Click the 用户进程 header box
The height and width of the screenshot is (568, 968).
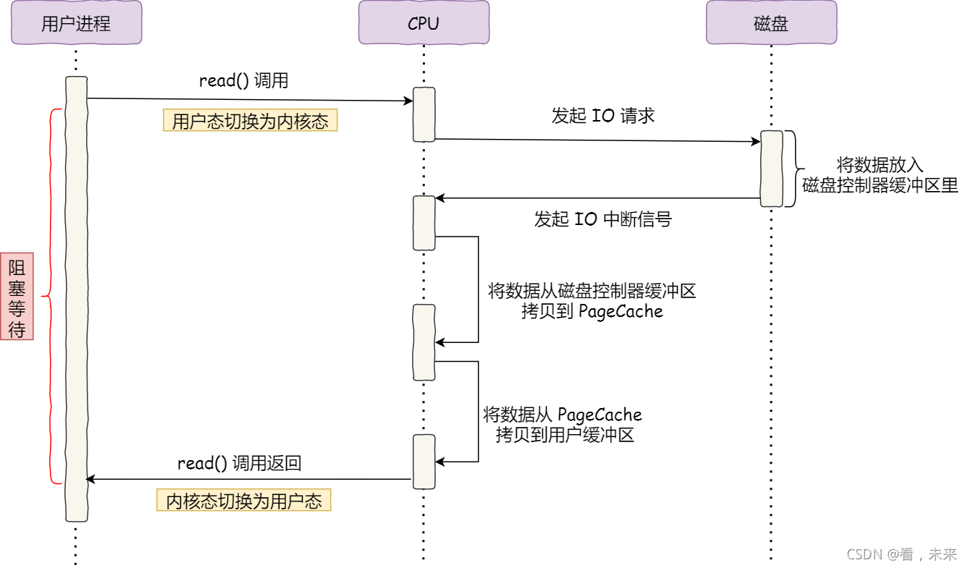pos(76,23)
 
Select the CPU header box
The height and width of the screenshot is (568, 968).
pos(424,23)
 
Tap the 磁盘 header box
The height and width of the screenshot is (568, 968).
pos(771,23)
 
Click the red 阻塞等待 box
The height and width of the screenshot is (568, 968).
pos(17,296)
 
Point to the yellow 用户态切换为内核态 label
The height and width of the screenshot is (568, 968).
pos(250,120)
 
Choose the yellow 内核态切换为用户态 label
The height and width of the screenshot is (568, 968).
pos(243,501)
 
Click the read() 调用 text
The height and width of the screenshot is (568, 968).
pos(243,80)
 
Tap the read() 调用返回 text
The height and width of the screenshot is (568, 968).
pos(239,463)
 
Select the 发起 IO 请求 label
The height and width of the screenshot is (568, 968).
pos(602,116)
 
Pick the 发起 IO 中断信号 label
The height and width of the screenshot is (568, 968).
pos(602,219)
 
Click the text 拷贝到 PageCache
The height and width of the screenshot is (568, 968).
pos(592,311)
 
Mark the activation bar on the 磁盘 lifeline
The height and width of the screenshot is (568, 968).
pos(771,169)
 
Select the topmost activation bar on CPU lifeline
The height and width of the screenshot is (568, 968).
pos(424,114)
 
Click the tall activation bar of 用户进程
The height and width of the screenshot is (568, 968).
pos(76,298)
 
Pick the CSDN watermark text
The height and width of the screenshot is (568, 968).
pos(901,554)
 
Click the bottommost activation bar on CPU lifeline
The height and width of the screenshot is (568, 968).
pos(424,461)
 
